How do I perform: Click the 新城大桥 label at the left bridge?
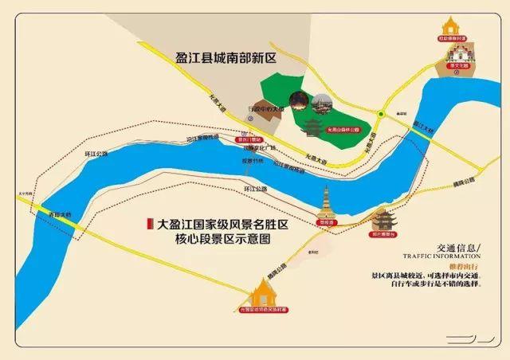point(57,214)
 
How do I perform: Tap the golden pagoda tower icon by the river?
point(328,204)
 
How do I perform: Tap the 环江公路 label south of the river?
point(253,189)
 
